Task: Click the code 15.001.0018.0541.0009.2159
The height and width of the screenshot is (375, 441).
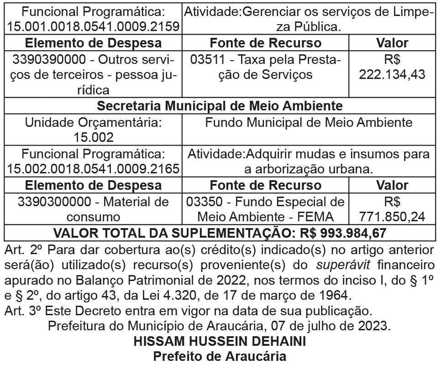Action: click(x=93, y=26)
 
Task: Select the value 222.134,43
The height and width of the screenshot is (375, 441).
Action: click(x=392, y=74)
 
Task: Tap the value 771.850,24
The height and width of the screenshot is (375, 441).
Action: click(x=392, y=216)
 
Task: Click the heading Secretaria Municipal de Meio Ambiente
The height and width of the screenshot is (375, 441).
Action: click(x=220, y=106)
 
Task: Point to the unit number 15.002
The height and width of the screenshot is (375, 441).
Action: click(x=93, y=137)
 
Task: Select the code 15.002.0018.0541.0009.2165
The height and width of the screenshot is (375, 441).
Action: click(x=93, y=169)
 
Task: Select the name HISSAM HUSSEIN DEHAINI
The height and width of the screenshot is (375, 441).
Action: click(x=220, y=341)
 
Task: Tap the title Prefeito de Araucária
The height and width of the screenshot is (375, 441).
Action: click(x=220, y=356)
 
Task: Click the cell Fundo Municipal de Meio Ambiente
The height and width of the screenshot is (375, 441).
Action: click(x=309, y=123)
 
